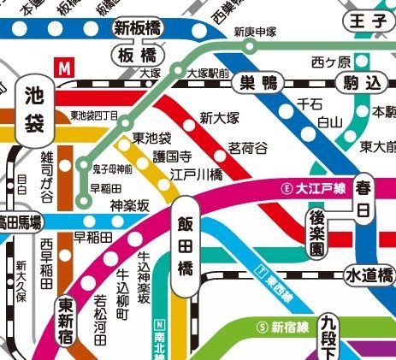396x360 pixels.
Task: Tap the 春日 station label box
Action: pos(365,197)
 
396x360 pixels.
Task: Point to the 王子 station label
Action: pos(366,23)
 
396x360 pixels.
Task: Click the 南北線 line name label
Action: pos(159,338)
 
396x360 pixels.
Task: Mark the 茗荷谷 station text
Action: pos(248,147)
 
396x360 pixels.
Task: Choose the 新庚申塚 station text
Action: pos(255,32)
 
